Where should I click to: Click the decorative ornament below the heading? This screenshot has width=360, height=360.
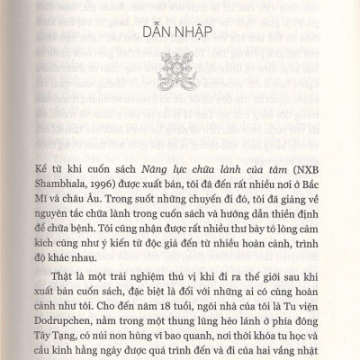pyautogui.click(x=180, y=74)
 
